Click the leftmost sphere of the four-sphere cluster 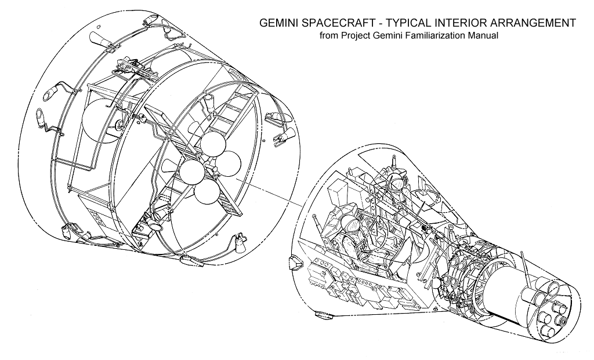pos(190,172)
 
